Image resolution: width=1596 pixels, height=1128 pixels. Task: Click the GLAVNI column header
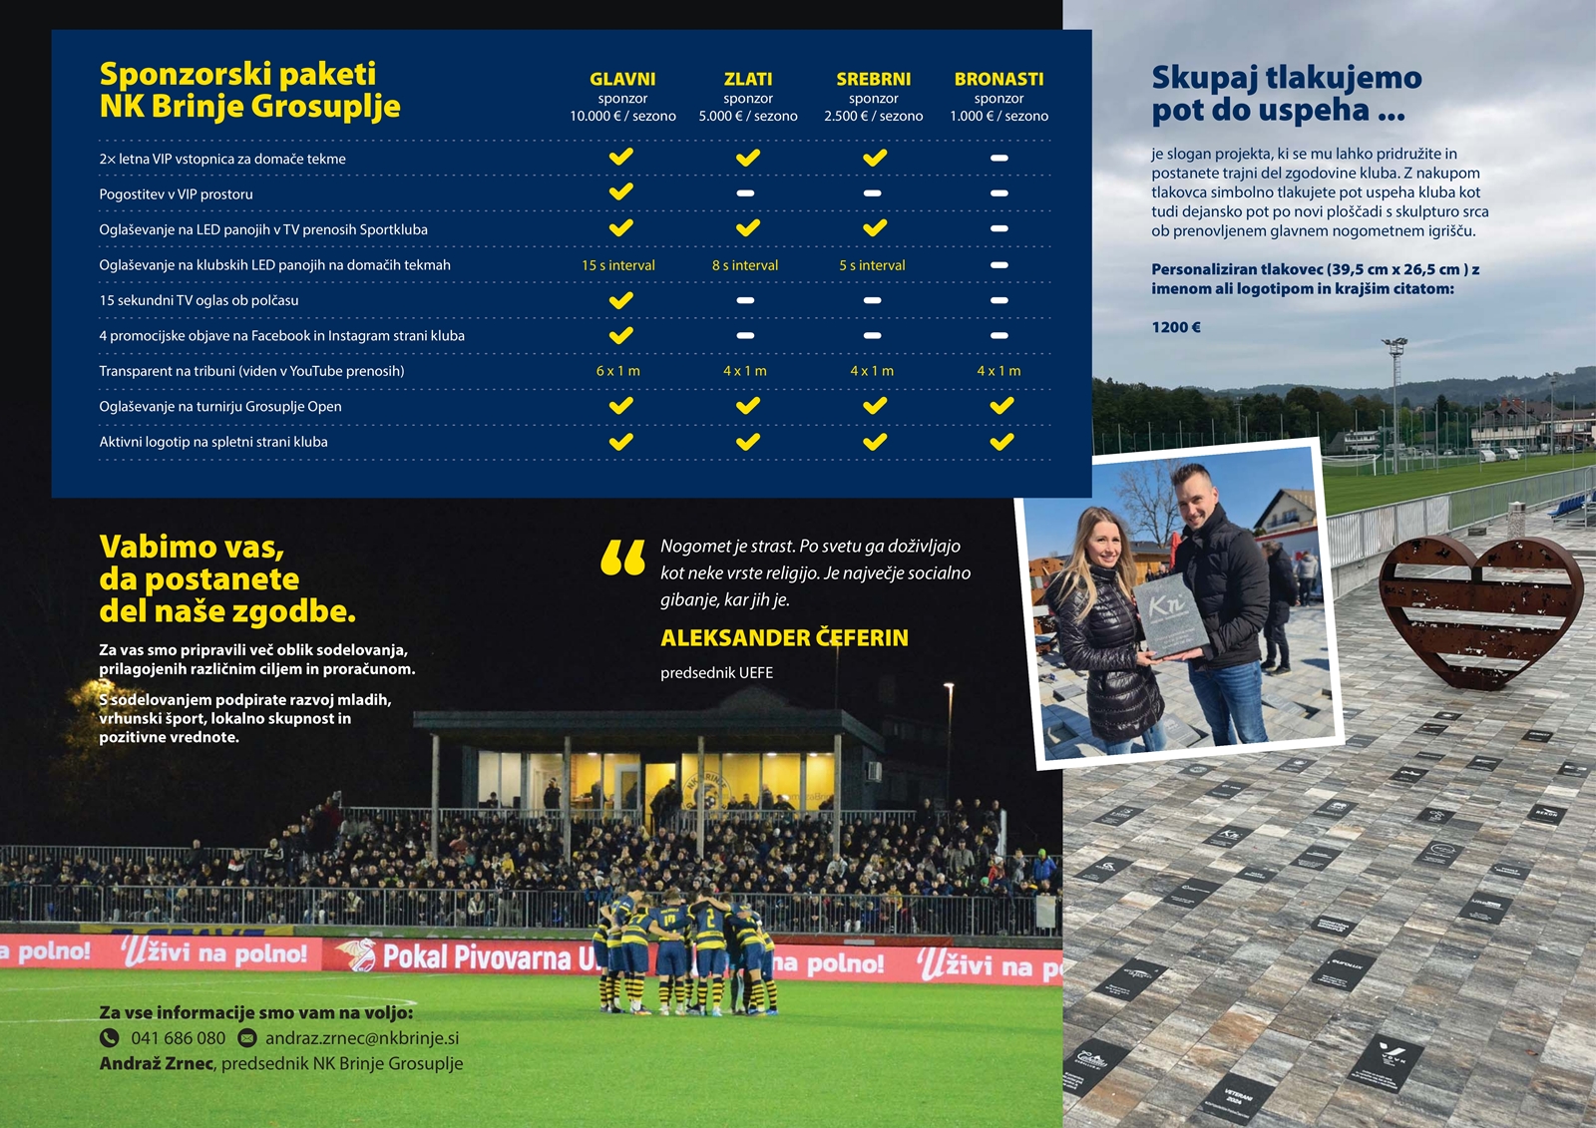click(622, 79)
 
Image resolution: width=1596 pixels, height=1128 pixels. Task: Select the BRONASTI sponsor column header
click(998, 79)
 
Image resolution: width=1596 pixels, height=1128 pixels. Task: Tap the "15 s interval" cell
click(617, 265)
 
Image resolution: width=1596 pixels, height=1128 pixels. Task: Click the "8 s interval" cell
click(744, 265)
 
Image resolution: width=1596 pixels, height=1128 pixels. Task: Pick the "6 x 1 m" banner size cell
click(617, 371)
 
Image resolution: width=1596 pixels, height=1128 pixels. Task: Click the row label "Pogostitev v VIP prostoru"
click(176, 194)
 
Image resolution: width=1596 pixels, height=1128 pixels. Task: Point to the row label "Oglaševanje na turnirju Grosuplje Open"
click(219, 407)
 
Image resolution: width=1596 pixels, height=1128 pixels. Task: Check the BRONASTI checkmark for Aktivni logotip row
click(1001, 442)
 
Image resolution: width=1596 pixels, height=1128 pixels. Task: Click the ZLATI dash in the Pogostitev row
click(745, 193)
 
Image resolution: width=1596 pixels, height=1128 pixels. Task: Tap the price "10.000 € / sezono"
click(622, 117)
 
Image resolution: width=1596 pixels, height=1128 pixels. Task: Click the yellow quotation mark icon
click(622, 559)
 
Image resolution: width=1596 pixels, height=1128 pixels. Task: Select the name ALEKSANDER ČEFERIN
click(784, 638)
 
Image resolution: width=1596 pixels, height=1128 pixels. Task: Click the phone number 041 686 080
click(178, 1038)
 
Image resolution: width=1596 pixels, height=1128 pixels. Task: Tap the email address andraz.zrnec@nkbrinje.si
click(362, 1038)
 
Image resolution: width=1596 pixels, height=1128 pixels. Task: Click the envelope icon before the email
click(247, 1038)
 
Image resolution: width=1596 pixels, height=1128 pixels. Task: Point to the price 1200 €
click(1176, 327)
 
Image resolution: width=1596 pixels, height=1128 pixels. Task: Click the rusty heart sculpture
click(1479, 608)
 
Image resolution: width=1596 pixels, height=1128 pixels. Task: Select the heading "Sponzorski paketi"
click(237, 74)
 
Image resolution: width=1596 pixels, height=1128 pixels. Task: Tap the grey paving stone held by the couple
click(1171, 614)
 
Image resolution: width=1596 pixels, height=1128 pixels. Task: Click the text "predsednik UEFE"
click(716, 673)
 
